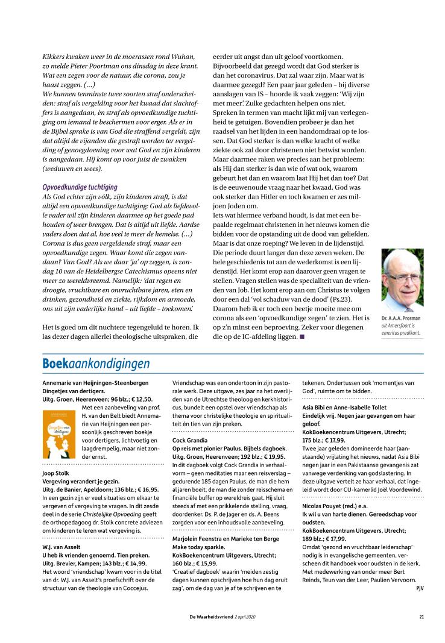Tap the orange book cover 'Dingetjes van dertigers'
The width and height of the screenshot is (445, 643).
tap(60, 434)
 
